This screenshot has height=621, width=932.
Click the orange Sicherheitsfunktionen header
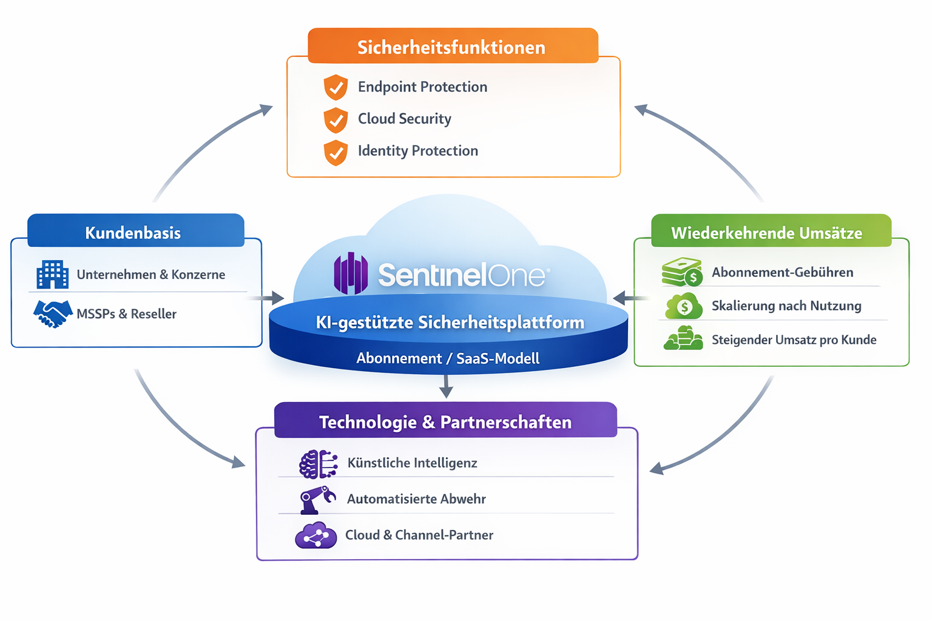click(x=452, y=47)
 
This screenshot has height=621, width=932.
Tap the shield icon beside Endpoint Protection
click(x=336, y=87)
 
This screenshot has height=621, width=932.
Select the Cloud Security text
click(x=404, y=119)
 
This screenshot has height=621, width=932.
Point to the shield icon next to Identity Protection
click(x=336, y=152)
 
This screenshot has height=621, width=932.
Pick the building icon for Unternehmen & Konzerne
click(x=53, y=275)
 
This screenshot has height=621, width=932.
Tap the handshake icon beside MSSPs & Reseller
click(x=53, y=314)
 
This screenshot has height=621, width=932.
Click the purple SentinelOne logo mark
click(x=351, y=274)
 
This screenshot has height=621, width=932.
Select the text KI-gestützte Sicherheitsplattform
click(x=450, y=323)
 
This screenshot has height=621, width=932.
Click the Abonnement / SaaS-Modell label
click(x=448, y=358)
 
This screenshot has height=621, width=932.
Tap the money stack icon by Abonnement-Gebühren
click(x=682, y=272)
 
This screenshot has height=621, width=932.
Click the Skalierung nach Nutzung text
click(x=786, y=306)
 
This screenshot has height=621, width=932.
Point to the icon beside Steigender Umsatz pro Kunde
click(x=683, y=338)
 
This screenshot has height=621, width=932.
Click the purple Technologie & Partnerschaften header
click(x=445, y=421)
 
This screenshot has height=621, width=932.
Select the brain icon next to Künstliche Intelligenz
click(x=318, y=464)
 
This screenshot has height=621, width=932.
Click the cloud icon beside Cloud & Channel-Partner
click(x=316, y=535)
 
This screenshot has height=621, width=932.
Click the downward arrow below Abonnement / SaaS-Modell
click(x=447, y=386)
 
